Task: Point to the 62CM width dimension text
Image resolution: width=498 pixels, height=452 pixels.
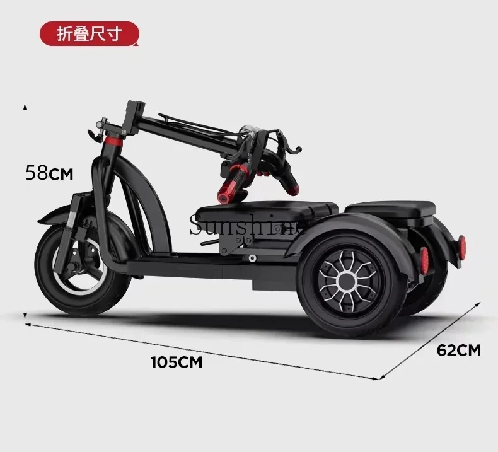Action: click(x=459, y=350)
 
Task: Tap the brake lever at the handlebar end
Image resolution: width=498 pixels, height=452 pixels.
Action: click(x=289, y=144)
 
